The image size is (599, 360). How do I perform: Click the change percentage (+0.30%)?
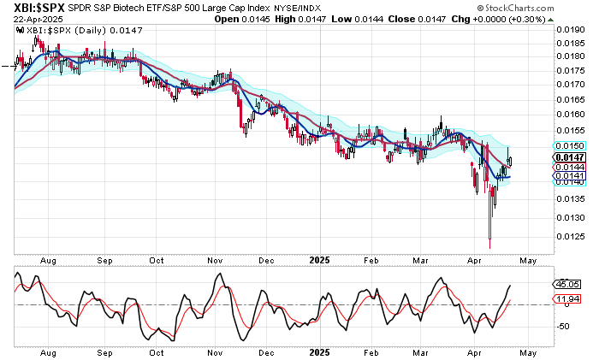point(567,18)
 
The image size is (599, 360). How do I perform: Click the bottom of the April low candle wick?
point(490,248)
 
